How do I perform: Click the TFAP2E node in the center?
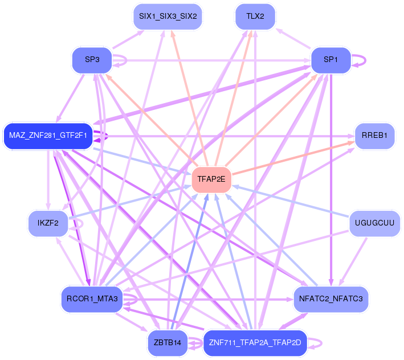211,179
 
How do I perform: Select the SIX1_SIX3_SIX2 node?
168,17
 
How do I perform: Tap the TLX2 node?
255,17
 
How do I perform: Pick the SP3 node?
92,60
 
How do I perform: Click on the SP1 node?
331,60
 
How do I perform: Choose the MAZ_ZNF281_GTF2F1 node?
48,136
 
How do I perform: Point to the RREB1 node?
374,136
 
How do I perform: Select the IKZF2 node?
48,223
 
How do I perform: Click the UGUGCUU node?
374,223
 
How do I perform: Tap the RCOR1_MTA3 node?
92,299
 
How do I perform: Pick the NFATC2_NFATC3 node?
331,299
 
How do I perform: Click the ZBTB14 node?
168,343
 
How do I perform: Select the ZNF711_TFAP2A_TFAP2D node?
255,343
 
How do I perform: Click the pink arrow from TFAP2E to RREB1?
293,158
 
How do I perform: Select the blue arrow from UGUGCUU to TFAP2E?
291,201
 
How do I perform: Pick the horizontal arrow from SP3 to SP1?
211,60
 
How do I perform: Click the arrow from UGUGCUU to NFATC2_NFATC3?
353,261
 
